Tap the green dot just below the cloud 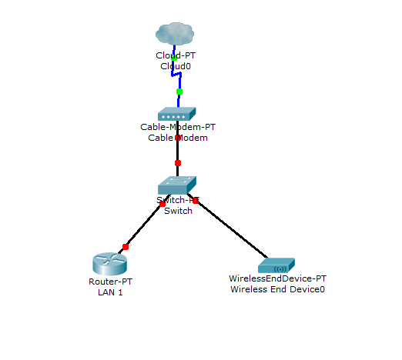(x=174, y=57)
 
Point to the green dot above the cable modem (x=179, y=92)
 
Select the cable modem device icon (x=178, y=114)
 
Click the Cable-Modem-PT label (x=178, y=127)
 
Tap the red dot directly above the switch (x=178, y=163)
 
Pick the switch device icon (x=178, y=185)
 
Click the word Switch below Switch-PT (x=178, y=211)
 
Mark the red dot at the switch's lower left (x=162, y=204)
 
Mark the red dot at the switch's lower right (x=196, y=201)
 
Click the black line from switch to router (x=144, y=225)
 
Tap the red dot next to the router (x=126, y=247)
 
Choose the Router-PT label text (x=106, y=282)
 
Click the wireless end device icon (x=277, y=266)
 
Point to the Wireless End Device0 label (x=277, y=289)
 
